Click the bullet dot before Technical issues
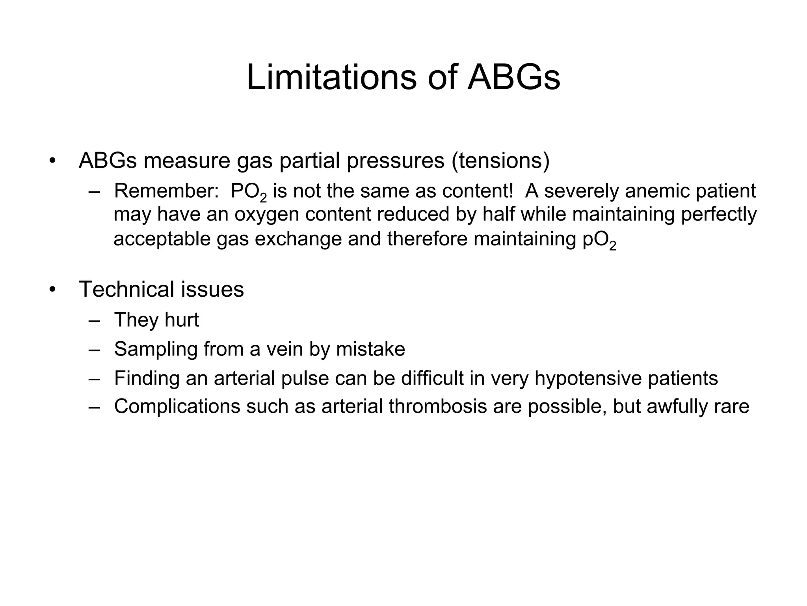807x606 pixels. point(52,290)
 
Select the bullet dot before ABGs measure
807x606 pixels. point(52,161)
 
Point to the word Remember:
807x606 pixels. point(166,191)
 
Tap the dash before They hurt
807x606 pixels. point(95,320)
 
